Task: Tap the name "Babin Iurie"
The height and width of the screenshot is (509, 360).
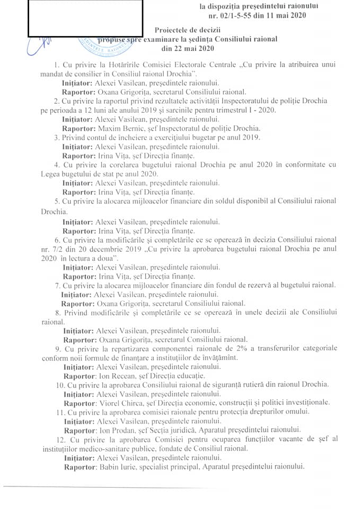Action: (118, 467)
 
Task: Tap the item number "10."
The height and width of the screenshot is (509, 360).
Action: (61, 384)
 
